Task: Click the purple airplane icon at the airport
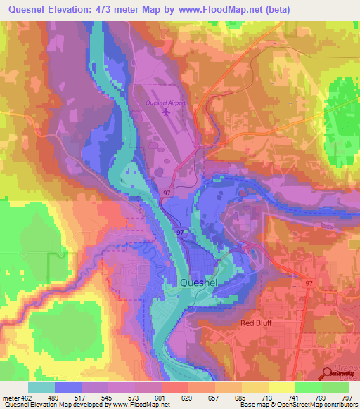click(166, 111)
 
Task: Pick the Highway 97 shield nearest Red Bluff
click(309, 282)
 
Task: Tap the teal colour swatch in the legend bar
click(41, 387)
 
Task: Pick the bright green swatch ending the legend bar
click(335, 387)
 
